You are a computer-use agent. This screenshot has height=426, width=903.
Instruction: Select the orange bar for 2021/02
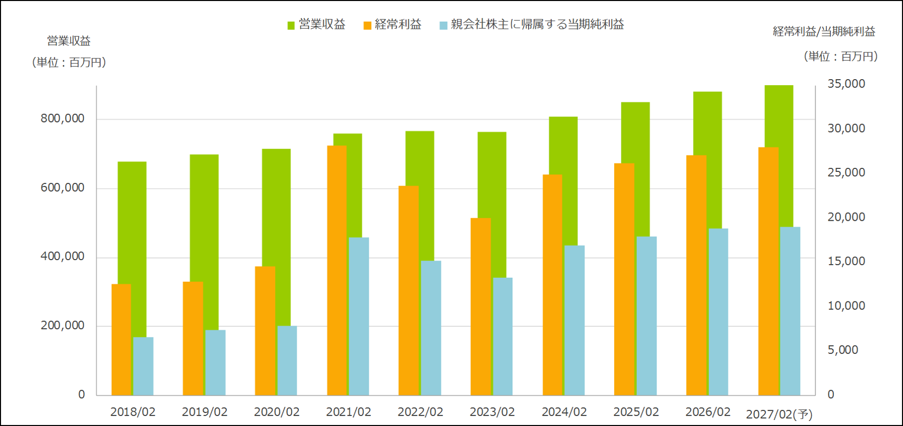(x=337, y=270)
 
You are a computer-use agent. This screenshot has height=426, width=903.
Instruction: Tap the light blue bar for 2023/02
(x=503, y=336)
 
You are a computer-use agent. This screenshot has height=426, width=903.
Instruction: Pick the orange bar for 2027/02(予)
(x=768, y=271)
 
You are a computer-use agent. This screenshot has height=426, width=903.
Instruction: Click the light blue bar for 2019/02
(x=215, y=362)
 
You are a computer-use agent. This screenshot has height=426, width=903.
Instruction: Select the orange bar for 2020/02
(x=265, y=331)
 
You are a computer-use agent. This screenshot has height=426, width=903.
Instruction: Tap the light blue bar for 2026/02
(x=718, y=312)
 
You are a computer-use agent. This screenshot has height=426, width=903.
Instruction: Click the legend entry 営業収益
(x=316, y=24)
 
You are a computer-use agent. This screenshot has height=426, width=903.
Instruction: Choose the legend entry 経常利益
(x=393, y=24)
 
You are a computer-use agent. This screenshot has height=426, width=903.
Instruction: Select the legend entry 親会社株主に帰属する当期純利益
(x=532, y=24)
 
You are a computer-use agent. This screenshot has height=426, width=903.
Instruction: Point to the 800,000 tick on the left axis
(x=62, y=119)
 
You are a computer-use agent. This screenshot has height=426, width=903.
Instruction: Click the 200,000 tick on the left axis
(x=62, y=326)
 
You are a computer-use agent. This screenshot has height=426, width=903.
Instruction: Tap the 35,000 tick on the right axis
(x=847, y=84)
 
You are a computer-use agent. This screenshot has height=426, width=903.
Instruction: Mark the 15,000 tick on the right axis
(x=847, y=261)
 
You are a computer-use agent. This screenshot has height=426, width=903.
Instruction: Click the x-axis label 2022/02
(x=420, y=412)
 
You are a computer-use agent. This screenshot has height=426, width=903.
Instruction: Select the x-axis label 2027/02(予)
(x=779, y=414)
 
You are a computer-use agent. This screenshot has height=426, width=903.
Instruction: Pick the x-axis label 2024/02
(x=564, y=412)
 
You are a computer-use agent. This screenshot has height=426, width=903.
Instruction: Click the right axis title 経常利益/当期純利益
(x=824, y=32)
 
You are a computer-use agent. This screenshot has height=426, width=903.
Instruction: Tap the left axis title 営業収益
(x=69, y=41)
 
